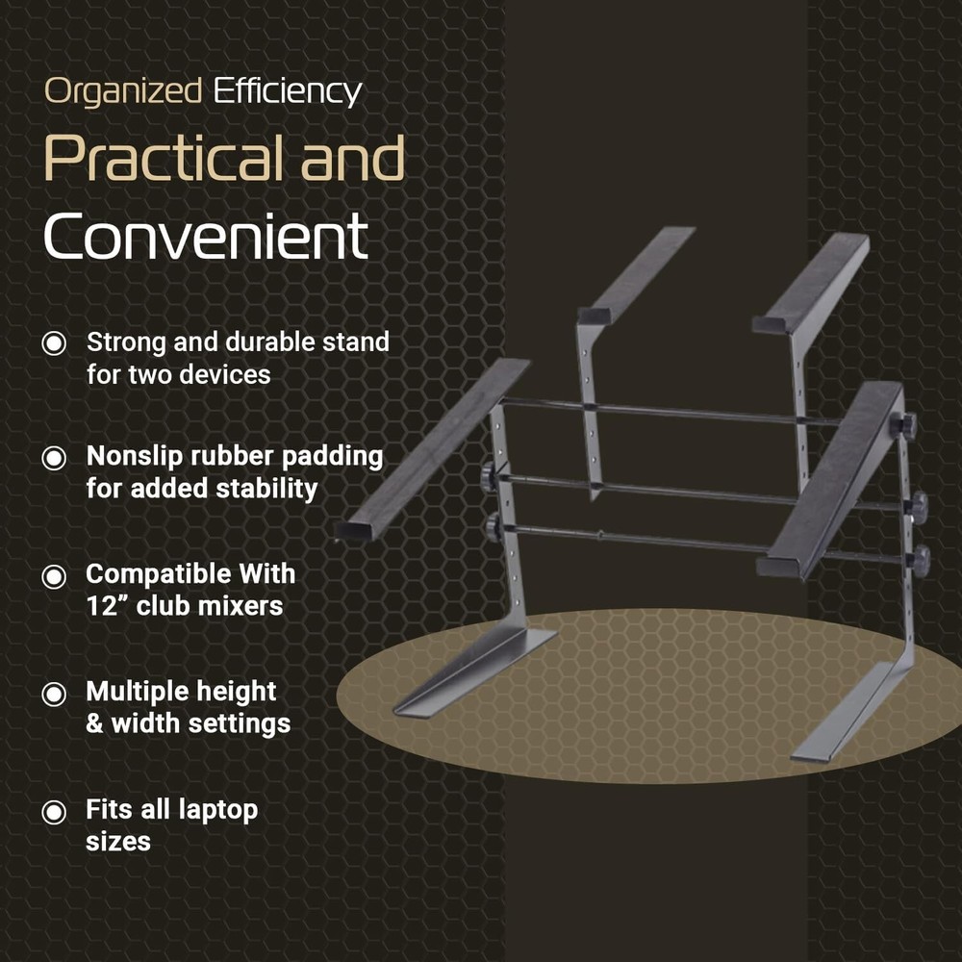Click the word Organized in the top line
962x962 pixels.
tap(123, 92)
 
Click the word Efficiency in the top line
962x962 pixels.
tap(287, 92)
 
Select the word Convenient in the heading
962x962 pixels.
tap(206, 237)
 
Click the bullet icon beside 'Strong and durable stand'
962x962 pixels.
tap(55, 343)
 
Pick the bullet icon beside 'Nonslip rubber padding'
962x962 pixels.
tap(55, 457)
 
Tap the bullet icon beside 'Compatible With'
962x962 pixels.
tap(55, 575)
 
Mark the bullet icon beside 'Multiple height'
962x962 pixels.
tap(55, 693)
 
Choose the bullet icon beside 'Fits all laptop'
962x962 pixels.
tap(55, 811)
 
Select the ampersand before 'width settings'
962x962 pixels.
tap(94, 723)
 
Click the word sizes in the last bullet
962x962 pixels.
tap(118, 842)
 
